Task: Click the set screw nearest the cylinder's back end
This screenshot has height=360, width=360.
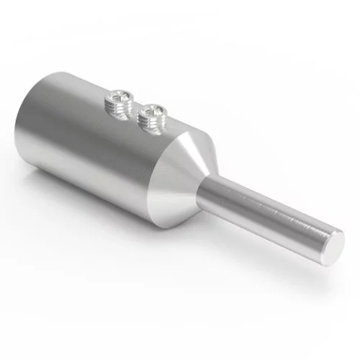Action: click(120, 100)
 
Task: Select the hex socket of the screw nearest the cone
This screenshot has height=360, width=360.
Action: click(153, 109)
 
